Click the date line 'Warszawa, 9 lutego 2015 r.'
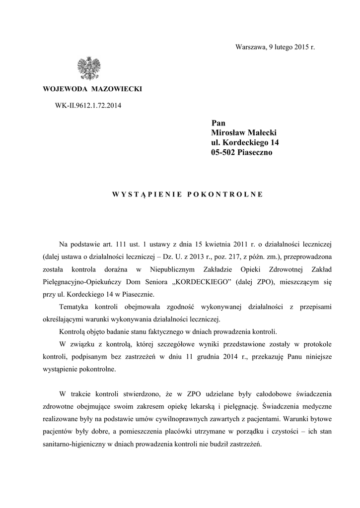pos(275,47)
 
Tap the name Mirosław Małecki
pos(244,132)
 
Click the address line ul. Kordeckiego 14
pos(245,142)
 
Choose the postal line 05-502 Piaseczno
pos(242,153)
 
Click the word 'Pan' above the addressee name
pos(218,123)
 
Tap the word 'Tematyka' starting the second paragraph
pos(74,308)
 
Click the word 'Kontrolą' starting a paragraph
pos(73,331)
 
